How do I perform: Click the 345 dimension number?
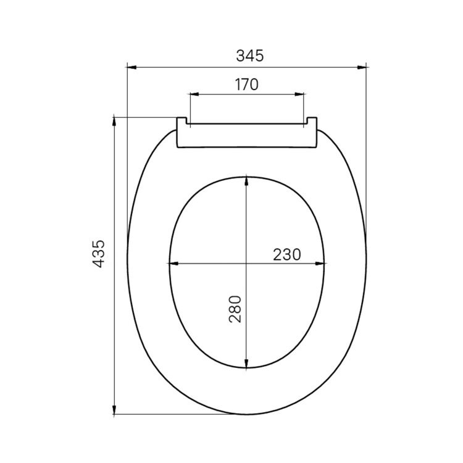point(249,56)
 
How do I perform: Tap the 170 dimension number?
point(246,85)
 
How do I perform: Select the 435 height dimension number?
point(99,254)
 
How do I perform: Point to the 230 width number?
point(286,254)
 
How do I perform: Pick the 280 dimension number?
point(235,309)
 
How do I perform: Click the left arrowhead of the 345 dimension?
point(131,67)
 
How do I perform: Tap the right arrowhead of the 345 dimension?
point(361,67)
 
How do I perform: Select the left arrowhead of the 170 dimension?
point(194,94)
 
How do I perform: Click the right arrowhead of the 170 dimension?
point(299,94)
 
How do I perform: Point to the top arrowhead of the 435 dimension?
point(114,122)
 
